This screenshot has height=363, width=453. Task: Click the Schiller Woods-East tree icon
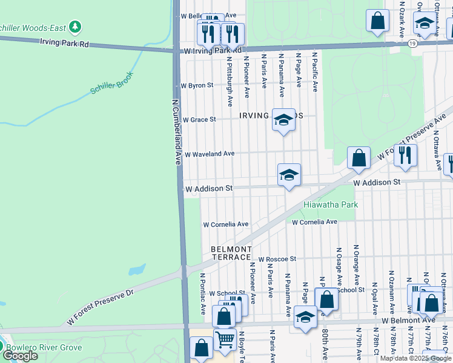(74, 27)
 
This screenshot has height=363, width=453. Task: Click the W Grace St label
(199, 120)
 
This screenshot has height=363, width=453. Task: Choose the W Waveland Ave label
(209, 154)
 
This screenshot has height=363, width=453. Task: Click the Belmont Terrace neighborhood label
(231, 253)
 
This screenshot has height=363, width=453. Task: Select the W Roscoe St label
(277, 259)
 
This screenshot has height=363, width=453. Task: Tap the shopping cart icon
(225, 339)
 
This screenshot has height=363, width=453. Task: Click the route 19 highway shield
(412, 44)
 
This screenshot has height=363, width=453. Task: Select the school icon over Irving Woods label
(283, 120)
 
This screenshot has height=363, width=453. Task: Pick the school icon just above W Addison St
(289, 175)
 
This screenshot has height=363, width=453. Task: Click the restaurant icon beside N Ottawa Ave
(405, 155)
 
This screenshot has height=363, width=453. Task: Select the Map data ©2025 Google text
(415, 358)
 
